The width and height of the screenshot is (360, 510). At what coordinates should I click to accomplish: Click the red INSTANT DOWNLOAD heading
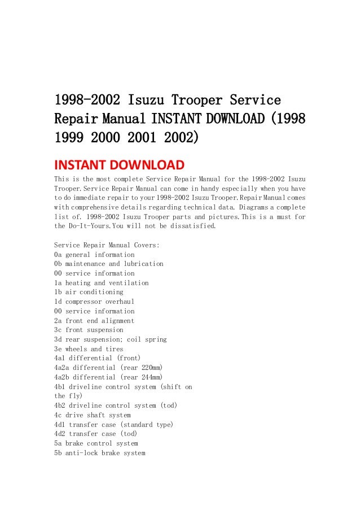click(118, 165)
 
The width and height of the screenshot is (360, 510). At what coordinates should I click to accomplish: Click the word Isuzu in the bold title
click(150, 101)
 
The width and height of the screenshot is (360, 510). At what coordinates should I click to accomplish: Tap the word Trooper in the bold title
click(201, 101)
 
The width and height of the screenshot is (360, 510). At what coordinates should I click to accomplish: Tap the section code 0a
click(58, 255)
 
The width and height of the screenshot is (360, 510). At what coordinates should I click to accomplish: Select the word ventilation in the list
click(129, 283)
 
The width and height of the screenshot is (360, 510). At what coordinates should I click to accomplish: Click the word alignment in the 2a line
click(117, 321)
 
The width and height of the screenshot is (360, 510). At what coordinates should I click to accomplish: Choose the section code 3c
click(58, 330)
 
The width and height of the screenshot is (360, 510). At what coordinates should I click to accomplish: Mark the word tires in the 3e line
click(115, 349)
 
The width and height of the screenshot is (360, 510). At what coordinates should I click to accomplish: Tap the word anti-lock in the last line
click(82, 453)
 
